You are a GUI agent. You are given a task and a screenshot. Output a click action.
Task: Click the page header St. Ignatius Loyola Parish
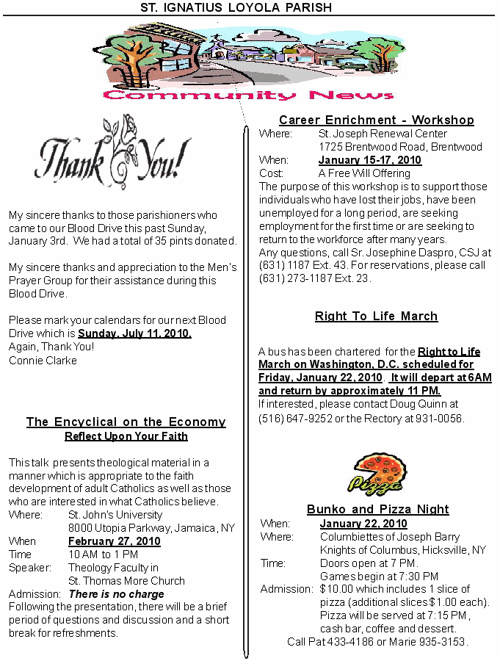pyautogui.click(x=236, y=7)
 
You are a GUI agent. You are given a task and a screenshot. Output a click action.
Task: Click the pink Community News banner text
pyautogui.click(x=249, y=95)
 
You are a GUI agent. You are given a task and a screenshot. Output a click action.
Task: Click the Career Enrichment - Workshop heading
pyautogui.click(x=376, y=120)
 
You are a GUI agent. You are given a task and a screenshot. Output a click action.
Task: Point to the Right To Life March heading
pyautogui.click(x=376, y=316)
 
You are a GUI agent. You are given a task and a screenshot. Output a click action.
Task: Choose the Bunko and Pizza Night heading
pyautogui.click(x=377, y=509)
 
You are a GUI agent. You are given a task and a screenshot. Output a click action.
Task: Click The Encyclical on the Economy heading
pyautogui.click(x=126, y=422)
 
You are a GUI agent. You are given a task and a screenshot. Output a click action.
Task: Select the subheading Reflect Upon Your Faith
pyautogui.click(x=126, y=436)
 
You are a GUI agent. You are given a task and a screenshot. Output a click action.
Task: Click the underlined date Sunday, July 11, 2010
pyautogui.click(x=134, y=333)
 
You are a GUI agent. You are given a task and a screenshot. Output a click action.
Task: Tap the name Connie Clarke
pyautogui.click(x=43, y=360)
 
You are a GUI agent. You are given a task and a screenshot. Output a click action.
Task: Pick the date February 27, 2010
pyautogui.click(x=115, y=541)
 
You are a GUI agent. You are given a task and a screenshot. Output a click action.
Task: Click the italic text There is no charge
pyautogui.click(x=116, y=593)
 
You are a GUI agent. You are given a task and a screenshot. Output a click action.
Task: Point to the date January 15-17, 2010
pyautogui.click(x=369, y=160)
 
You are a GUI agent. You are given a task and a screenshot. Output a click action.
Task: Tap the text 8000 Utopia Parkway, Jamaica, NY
pyautogui.click(x=151, y=528)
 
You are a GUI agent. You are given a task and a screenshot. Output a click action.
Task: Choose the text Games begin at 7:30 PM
pyautogui.click(x=379, y=576)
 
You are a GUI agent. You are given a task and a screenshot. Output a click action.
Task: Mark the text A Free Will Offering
pyautogui.click(x=364, y=173)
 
